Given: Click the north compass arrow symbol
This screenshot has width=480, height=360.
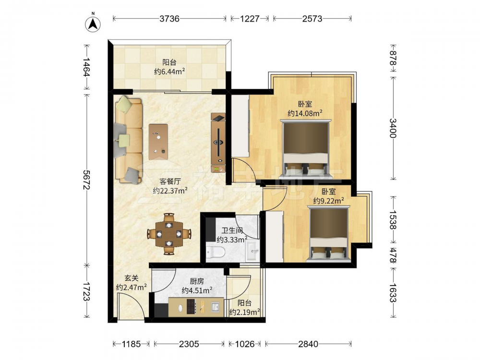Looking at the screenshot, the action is [x=93, y=24].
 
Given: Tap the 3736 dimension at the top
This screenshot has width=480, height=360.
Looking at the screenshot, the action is [x=169, y=19].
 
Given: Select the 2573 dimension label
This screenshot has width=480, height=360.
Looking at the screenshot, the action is [x=312, y=19].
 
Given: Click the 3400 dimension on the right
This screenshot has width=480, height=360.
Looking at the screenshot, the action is [x=393, y=128].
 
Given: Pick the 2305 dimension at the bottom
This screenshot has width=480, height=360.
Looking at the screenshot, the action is [x=189, y=344].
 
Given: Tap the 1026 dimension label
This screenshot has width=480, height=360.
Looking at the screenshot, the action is [x=245, y=344].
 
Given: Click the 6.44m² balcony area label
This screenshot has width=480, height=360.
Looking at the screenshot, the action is [x=169, y=72].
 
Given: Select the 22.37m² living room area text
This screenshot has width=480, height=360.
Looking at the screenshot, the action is [x=170, y=191].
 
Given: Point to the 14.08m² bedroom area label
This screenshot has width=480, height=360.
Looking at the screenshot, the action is [x=305, y=113].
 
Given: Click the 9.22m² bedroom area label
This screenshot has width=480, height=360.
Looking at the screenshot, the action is [x=328, y=201].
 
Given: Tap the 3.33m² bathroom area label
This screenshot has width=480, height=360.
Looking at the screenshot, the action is [x=232, y=240].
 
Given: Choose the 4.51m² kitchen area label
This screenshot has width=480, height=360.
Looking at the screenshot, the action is [x=197, y=290].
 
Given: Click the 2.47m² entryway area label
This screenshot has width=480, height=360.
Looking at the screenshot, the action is [x=132, y=287].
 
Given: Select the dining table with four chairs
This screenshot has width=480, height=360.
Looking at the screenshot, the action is [x=169, y=234].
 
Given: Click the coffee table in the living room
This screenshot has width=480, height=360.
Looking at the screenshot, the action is [x=158, y=142].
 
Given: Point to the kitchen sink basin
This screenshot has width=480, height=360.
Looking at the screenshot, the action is [x=216, y=307].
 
